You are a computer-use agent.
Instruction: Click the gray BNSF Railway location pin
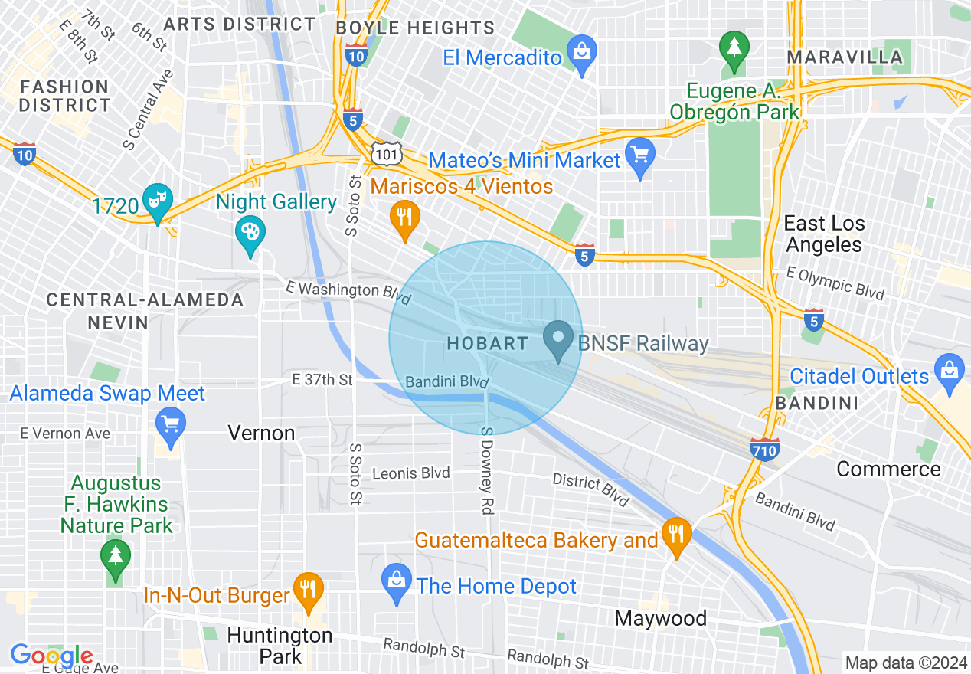pos(558,339)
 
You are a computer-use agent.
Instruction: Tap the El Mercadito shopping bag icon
pos(582,53)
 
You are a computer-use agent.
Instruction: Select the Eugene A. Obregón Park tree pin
pos(734,47)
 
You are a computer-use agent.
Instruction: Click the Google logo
pos(51,656)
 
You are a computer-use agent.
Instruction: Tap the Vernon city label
pos(261,433)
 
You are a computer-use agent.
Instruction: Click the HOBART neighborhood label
pos(487,343)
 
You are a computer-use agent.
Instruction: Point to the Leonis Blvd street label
pos(410,473)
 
